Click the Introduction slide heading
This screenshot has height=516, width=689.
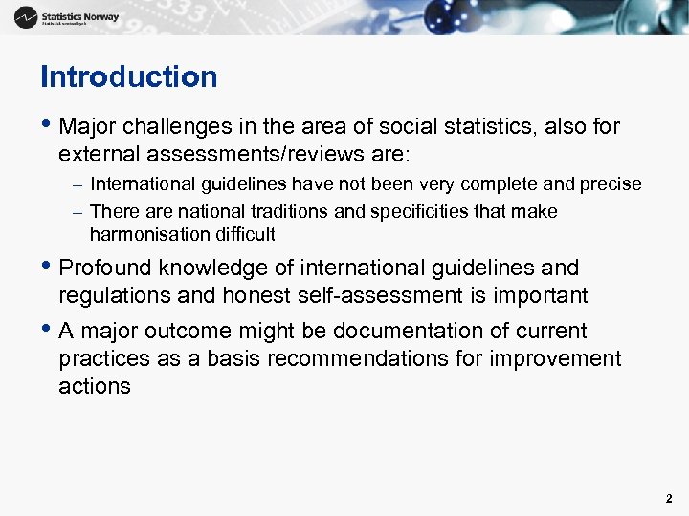[x=129, y=76]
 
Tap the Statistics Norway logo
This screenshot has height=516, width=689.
[x=67, y=16]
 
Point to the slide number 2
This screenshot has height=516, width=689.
[x=669, y=498]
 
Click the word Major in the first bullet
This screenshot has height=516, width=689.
[x=89, y=126]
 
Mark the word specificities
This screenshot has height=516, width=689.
[x=409, y=211]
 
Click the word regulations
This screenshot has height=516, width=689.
[x=112, y=296]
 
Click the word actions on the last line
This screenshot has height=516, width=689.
[x=94, y=386]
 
